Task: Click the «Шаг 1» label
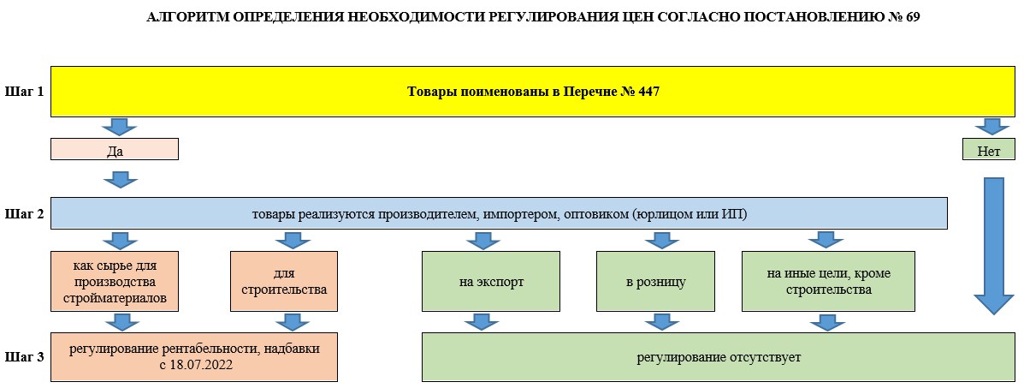pos(24,92)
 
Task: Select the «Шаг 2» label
pos(24,213)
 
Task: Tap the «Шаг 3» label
pos(24,357)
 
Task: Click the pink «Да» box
pos(115,149)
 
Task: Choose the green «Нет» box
pos(989,149)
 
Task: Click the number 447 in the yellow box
pos(647,92)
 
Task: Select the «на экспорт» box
pos(491,281)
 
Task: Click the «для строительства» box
pos(284,281)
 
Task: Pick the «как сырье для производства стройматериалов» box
pos(115,281)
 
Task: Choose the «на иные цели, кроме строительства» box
pos(828,281)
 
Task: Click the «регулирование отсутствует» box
pos(719,357)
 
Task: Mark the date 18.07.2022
pos(203,365)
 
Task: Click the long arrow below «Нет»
pos(994,245)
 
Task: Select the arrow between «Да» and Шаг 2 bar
pos(121,179)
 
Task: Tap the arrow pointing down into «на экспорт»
pos(482,240)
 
